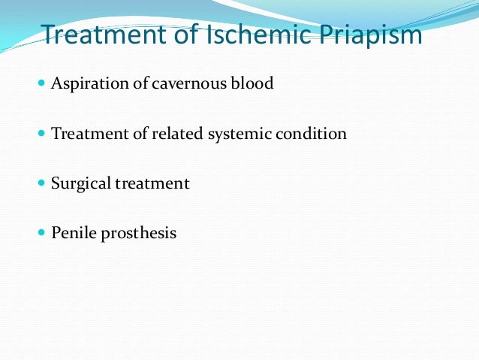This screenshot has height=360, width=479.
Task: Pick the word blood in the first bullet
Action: coord(253,83)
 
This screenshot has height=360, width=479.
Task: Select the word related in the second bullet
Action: coord(175,135)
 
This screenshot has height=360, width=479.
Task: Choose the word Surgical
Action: coord(80,184)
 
